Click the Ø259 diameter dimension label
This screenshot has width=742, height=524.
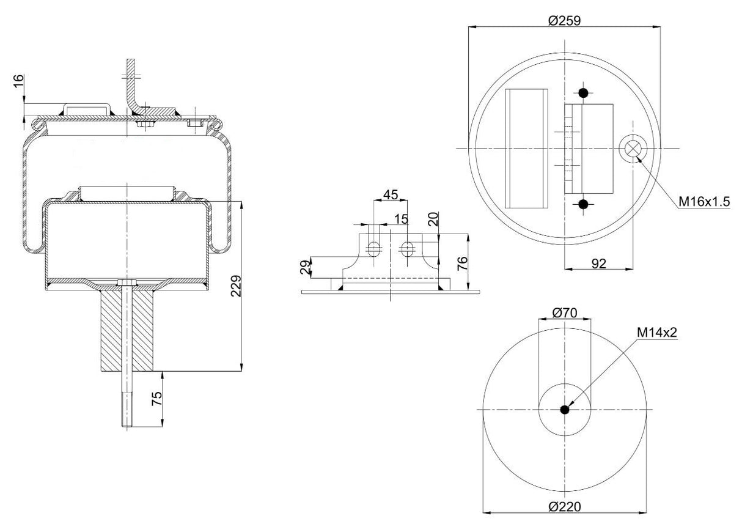tap(564, 20)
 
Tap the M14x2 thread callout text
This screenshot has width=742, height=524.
tap(658, 332)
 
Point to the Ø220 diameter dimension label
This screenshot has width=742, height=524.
tap(564, 507)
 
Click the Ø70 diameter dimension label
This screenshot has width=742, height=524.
tap(565, 312)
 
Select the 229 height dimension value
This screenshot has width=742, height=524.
tap(237, 286)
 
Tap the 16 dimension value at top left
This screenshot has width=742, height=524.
tap(18, 80)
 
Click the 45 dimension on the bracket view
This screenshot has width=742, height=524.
tap(390, 195)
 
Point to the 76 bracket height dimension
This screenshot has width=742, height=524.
tap(462, 262)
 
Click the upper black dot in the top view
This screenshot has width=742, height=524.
tap(584, 94)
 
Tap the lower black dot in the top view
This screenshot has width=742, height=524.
tap(584, 204)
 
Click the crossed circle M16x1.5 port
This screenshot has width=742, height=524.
tap(631, 149)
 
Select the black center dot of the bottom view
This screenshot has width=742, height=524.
tap(565, 410)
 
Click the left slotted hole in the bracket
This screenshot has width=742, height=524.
tap(373, 248)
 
